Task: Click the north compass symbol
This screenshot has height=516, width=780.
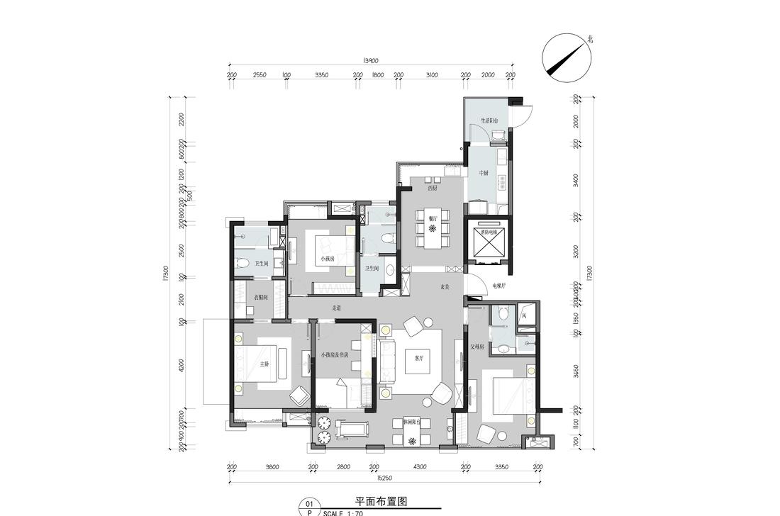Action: click(566, 55)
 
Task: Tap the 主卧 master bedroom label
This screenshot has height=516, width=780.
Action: click(264, 364)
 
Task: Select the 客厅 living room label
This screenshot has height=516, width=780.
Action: click(419, 359)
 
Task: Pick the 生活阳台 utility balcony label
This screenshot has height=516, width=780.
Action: click(489, 121)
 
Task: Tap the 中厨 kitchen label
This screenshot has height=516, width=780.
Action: click(484, 172)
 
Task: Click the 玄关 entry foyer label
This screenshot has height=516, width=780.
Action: click(445, 287)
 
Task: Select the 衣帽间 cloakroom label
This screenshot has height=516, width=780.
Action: click(260, 298)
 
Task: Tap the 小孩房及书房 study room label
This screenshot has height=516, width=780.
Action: click(335, 354)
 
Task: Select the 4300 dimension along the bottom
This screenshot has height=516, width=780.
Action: click(419, 466)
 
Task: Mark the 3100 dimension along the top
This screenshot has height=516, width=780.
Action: click(432, 74)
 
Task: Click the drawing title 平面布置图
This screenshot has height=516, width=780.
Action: click(381, 500)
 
